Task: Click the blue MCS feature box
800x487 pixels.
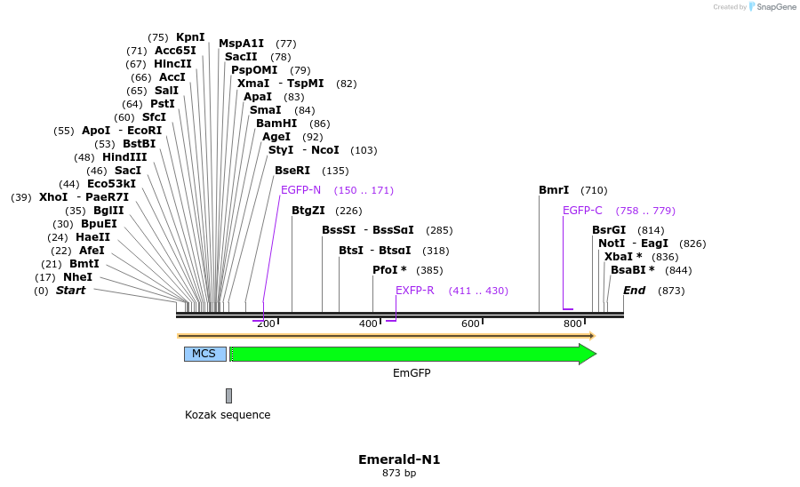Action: click(x=204, y=354)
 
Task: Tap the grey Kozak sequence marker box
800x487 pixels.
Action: click(x=228, y=395)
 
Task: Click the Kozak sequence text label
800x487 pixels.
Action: click(x=228, y=415)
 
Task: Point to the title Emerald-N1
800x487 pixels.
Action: click(x=399, y=459)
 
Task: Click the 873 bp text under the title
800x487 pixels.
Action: click(x=399, y=474)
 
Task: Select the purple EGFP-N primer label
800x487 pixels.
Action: click(x=300, y=190)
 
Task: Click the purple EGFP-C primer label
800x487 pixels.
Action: click(x=582, y=211)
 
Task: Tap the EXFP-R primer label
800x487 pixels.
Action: click(x=414, y=291)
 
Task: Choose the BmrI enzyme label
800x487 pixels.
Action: click(x=554, y=190)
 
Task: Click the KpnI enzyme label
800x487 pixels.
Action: click(x=190, y=37)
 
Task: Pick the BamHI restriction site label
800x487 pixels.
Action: click(x=276, y=124)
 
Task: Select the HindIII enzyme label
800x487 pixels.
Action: click(x=124, y=157)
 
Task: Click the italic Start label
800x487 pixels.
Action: click(x=70, y=291)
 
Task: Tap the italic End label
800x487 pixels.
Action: click(x=634, y=291)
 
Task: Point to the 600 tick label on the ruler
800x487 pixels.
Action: click(x=470, y=324)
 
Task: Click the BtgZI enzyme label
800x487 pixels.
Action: click(x=308, y=211)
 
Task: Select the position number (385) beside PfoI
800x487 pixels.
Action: click(x=428, y=270)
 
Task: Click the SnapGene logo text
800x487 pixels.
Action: click(x=776, y=7)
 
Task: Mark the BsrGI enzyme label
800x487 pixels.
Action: click(x=609, y=230)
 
